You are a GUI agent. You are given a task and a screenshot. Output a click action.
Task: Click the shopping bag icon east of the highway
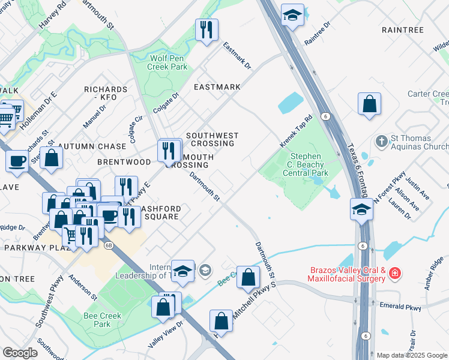pos(370,104)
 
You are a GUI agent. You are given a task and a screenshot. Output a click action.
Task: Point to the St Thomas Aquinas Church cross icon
pos(381,142)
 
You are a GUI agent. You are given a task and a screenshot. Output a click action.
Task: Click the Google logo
pos(20,353)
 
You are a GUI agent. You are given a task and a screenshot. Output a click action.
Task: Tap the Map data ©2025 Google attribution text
pos(412,355)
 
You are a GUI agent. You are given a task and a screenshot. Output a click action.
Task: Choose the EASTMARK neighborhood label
pos(217,87)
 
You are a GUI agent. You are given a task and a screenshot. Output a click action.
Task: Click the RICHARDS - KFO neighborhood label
pos(106,93)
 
